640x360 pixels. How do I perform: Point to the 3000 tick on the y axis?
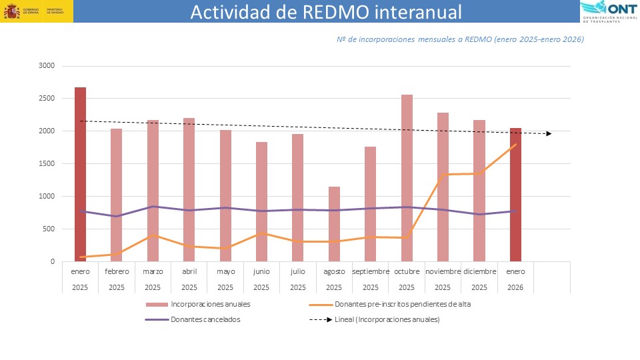click(x=46, y=66)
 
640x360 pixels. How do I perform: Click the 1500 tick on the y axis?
click(x=46, y=164)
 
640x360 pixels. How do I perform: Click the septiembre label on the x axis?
click(x=371, y=272)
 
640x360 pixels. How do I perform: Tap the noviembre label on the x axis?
click(x=443, y=272)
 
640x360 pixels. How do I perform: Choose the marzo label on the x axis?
click(x=153, y=272)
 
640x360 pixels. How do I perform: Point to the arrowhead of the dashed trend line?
click(x=549, y=134)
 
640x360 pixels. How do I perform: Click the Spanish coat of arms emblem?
click(x=12, y=11)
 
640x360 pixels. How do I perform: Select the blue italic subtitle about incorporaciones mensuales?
click(x=460, y=39)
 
